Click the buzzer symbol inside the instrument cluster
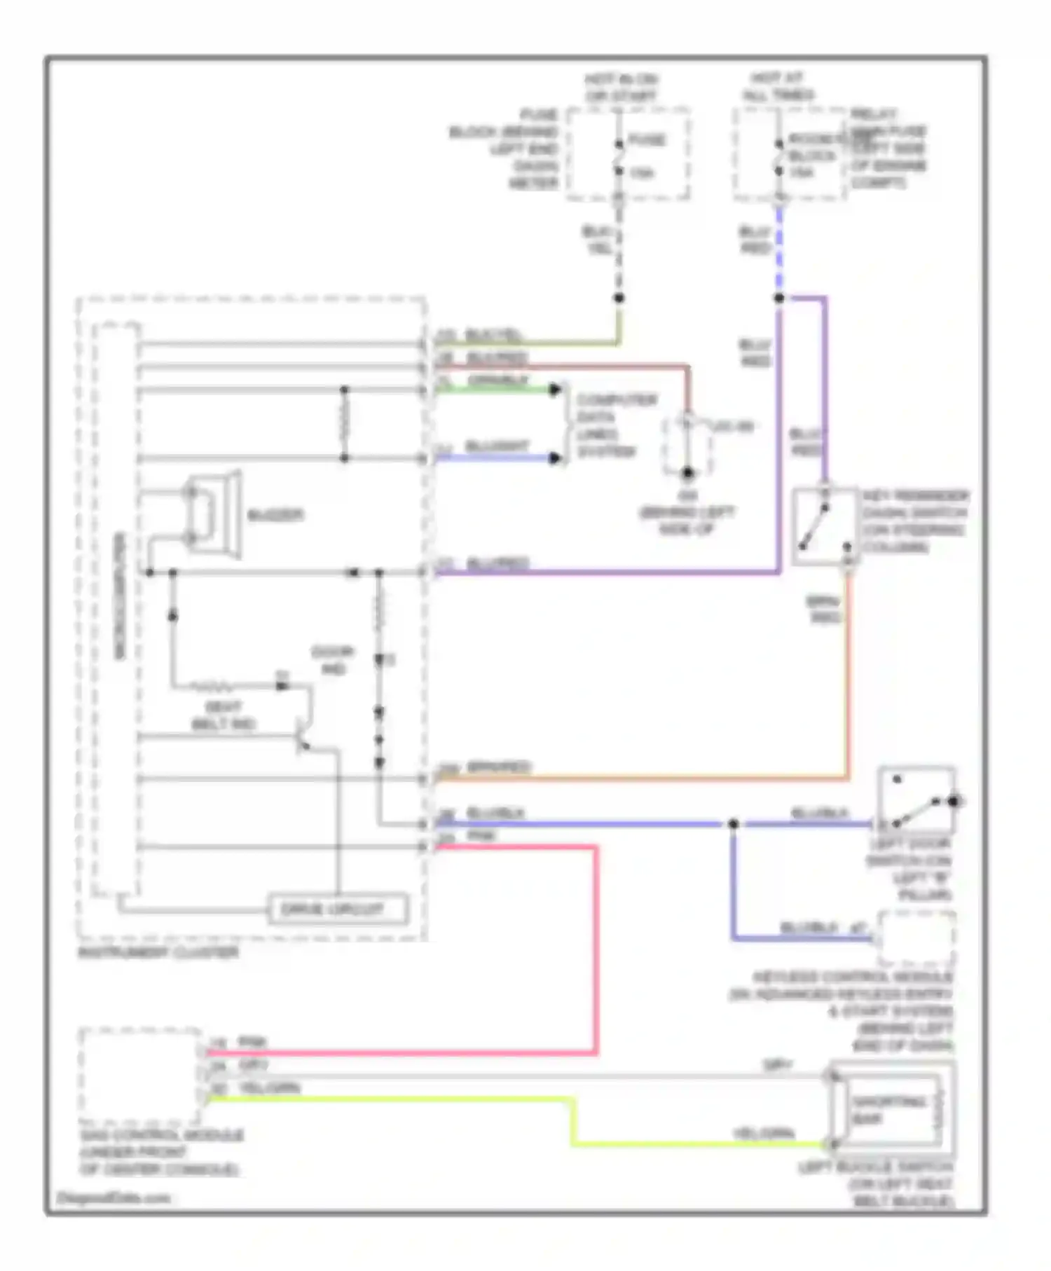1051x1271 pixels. point(214,515)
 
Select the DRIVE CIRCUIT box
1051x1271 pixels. point(338,909)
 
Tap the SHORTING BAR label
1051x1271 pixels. point(888,1110)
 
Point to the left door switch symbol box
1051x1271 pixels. point(916,799)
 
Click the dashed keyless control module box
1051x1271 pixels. point(916,937)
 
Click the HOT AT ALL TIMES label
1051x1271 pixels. point(778,87)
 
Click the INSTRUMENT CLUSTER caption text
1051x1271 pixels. point(158,953)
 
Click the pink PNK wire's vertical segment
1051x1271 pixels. point(596,946)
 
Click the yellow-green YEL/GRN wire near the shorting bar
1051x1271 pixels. point(701,1144)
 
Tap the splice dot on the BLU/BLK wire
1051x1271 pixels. point(733,824)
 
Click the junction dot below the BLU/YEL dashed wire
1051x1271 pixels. point(619,298)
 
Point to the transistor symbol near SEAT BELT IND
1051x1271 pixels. point(303,736)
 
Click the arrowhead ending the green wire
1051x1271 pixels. point(556,389)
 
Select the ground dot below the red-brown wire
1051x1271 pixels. point(687,473)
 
